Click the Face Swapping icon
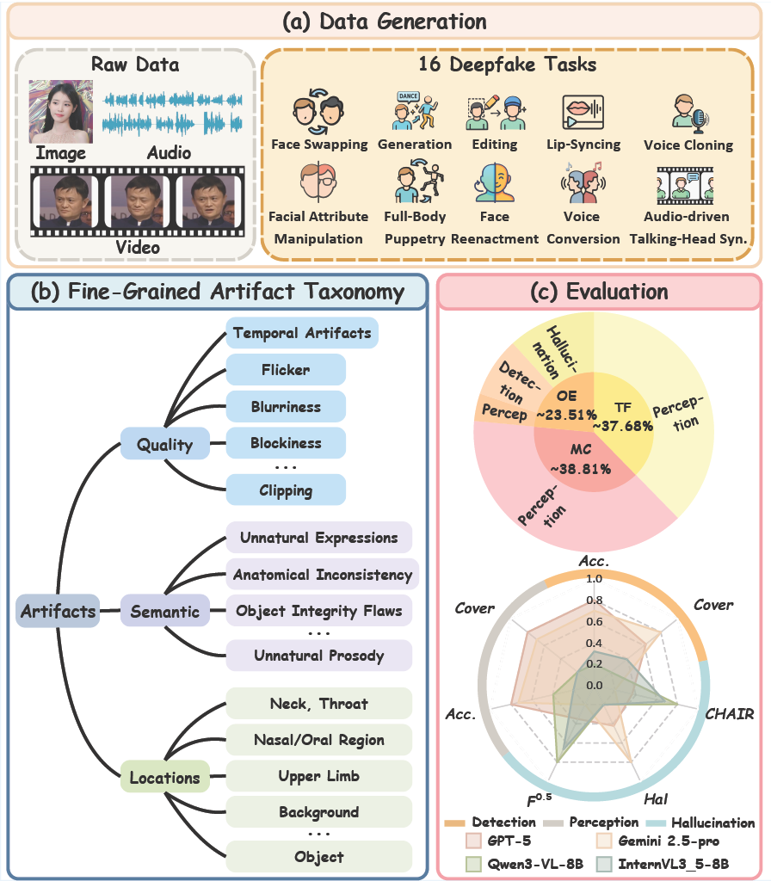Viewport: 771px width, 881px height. click(318, 111)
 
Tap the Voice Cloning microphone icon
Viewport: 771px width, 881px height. click(690, 112)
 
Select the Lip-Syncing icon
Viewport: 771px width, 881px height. click(583, 112)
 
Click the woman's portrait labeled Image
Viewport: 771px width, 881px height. click(61, 112)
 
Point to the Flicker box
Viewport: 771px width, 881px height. click(286, 369)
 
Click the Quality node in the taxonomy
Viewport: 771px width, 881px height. click(164, 444)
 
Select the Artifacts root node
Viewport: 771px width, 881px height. click(58, 610)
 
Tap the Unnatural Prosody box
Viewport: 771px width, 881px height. click(318, 655)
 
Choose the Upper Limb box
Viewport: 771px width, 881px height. click(318, 776)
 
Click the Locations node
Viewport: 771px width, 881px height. click(164, 777)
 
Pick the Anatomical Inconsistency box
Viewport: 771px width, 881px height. click(322, 574)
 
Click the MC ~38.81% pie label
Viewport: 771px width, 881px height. click(581, 459)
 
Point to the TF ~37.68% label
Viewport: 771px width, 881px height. click(623, 416)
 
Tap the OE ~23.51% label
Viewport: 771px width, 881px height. click(566, 405)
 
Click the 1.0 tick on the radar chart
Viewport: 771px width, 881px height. click(594, 579)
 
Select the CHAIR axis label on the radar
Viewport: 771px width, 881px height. click(730, 713)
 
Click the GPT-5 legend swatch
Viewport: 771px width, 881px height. click(473, 841)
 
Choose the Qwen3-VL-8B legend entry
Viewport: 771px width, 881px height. click(524, 864)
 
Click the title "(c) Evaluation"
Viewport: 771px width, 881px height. click(599, 292)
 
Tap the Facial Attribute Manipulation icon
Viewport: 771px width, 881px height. click(318, 182)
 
